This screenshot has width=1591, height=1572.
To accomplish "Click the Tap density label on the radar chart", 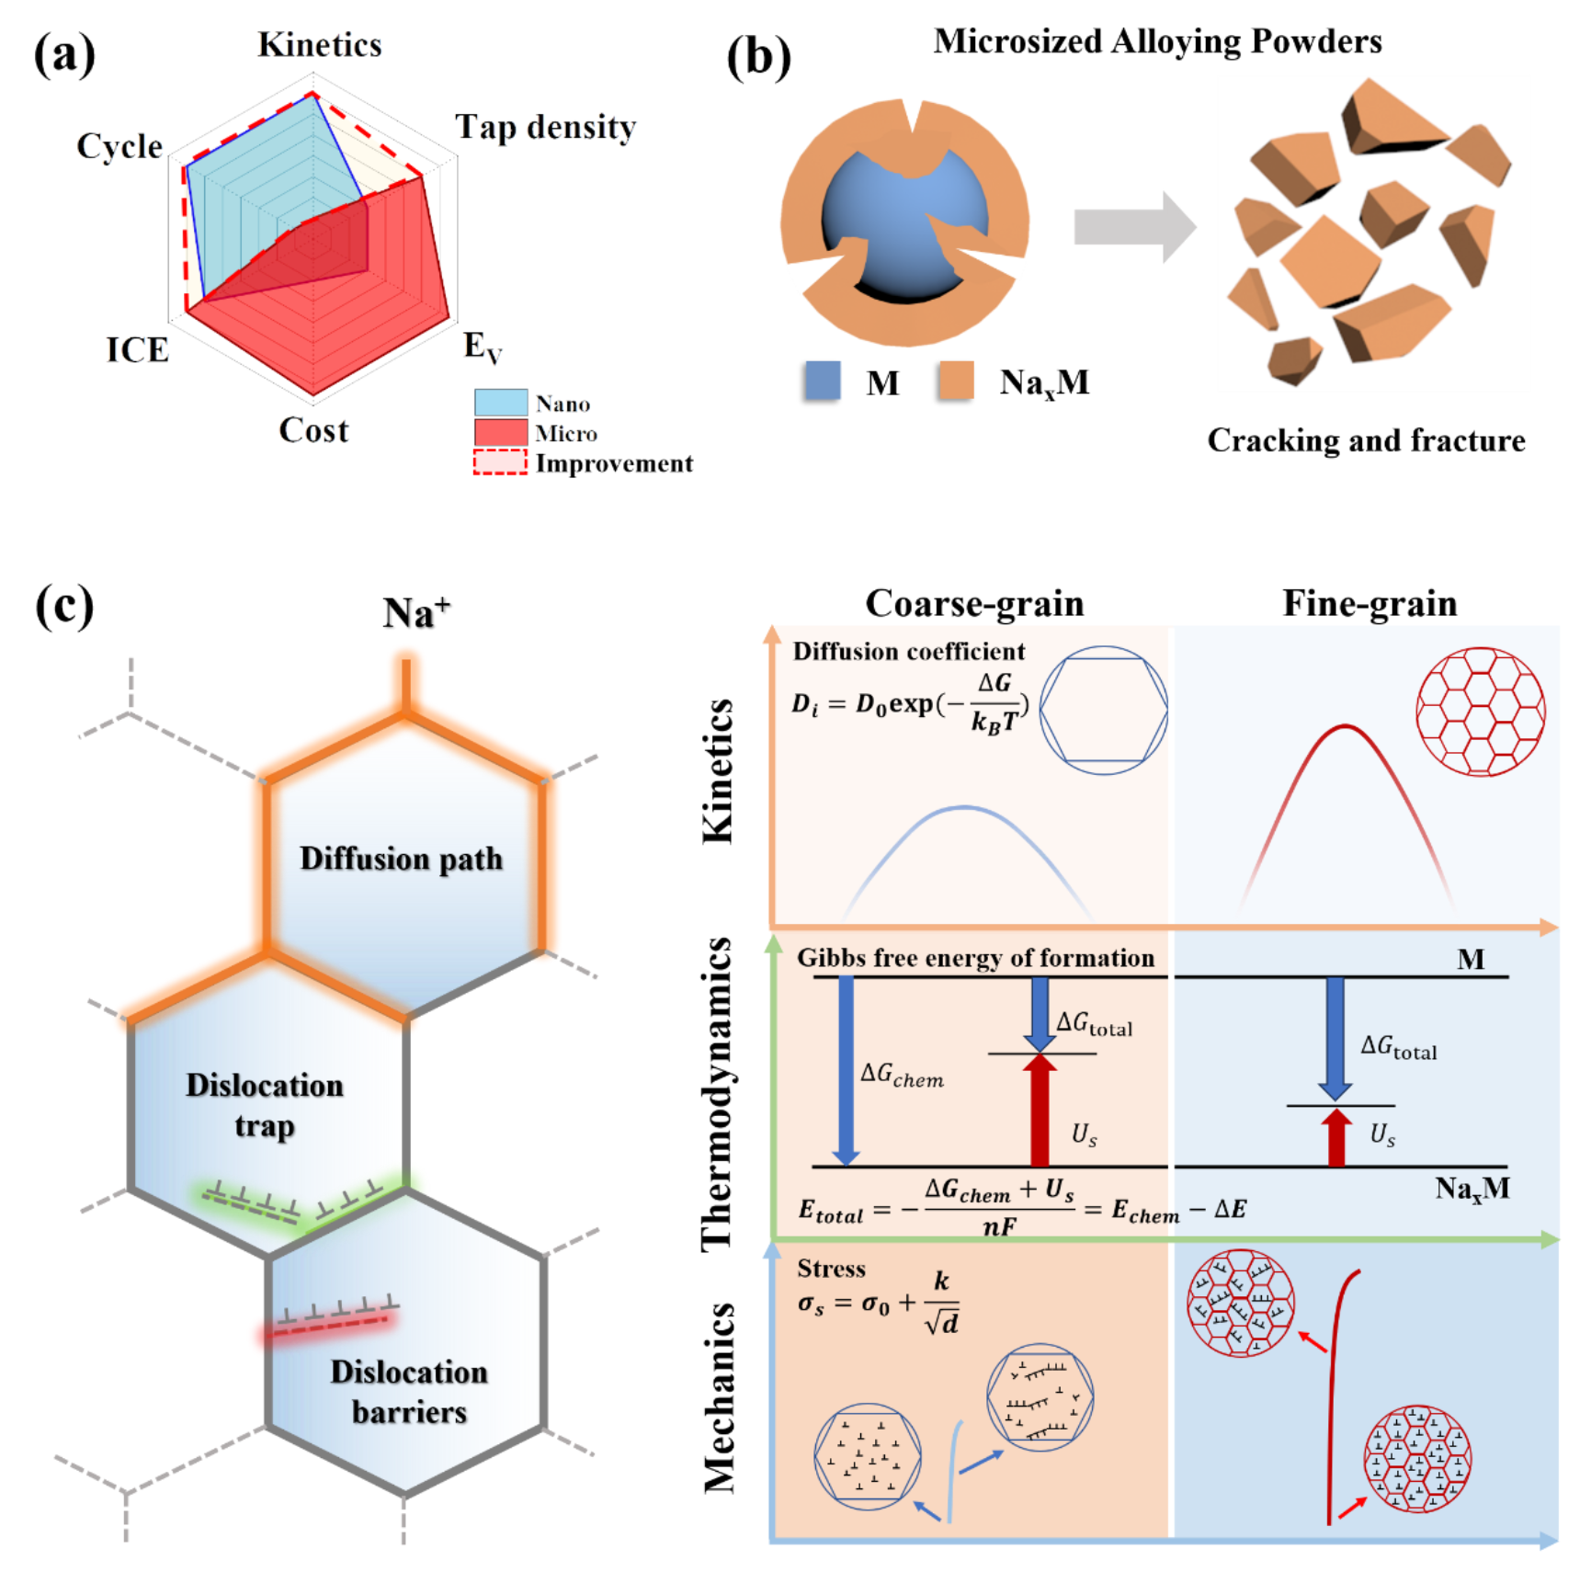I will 545,127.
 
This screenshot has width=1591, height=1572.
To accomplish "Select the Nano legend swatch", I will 501,403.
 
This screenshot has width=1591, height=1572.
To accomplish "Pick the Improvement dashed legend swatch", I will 501,461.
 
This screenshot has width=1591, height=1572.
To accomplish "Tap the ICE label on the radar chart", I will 138,349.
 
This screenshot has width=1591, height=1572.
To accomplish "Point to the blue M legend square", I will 823,381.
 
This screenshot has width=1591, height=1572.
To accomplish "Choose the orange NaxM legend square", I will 956,381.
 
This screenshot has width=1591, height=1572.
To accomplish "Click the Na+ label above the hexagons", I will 415,612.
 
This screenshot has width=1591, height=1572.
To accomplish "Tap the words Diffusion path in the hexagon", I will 402,858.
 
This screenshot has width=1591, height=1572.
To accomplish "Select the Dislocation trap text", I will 265,1104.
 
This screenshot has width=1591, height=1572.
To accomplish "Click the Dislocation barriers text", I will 409,1391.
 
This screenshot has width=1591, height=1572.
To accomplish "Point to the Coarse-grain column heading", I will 974,603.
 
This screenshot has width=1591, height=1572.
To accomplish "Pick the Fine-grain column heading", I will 1369,603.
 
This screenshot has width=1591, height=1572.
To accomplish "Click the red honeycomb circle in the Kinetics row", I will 1480,712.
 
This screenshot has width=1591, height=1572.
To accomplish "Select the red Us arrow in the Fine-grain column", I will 1335,1137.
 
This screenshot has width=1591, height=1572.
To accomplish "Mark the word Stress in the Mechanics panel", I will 831,1269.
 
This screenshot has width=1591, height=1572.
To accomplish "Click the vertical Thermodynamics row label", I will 717,1094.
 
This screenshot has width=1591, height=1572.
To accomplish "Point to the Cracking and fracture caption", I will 1366,440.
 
